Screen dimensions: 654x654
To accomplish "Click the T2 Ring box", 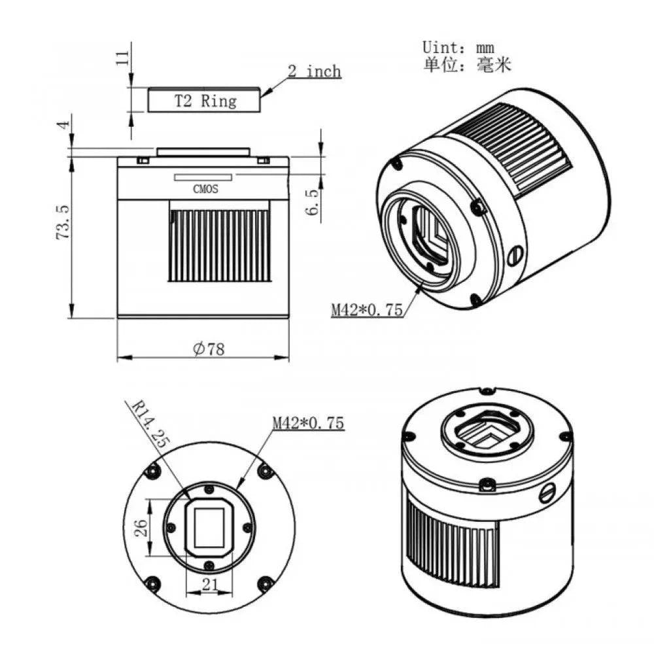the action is (x=204, y=101).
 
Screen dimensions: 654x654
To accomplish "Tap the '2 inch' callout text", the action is (x=315, y=71).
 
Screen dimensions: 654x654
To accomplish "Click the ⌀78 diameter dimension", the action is (x=209, y=349).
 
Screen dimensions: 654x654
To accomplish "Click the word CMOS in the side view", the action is (x=205, y=190).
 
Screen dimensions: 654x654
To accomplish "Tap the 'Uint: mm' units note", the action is (x=458, y=47).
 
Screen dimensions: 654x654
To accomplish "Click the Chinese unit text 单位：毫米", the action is (x=466, y=65).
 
